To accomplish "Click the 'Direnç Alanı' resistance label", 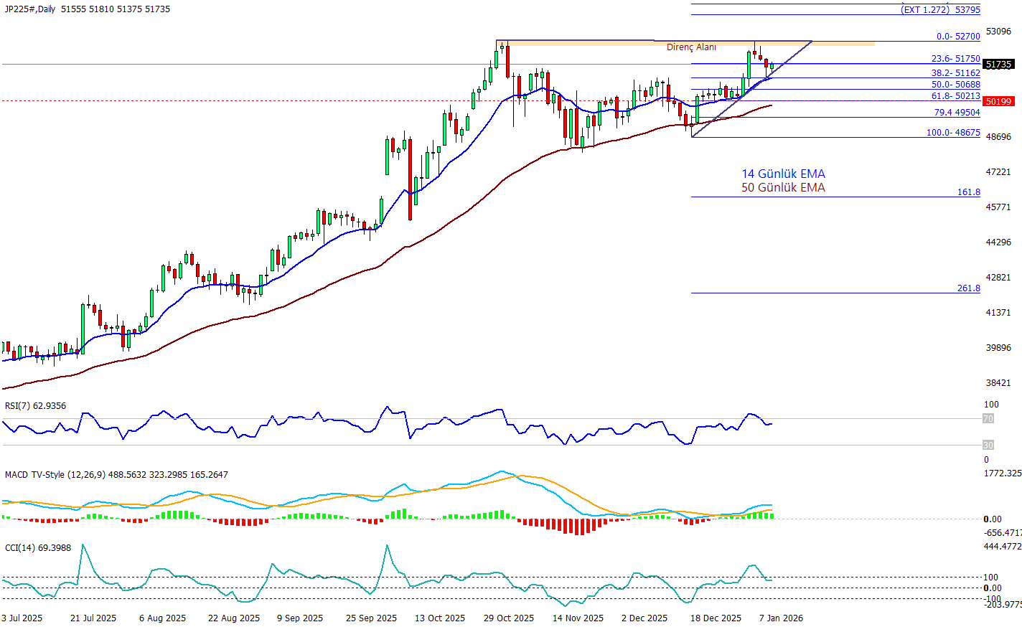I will click(691, 47).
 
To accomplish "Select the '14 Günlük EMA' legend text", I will click(783, 174).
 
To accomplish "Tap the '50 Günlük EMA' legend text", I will click(783, 187).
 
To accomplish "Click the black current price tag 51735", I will click(998, 65).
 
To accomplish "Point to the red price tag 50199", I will click(998, 102).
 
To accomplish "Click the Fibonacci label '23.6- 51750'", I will click(955, 59).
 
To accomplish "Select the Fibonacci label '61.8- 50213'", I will click(955, 96).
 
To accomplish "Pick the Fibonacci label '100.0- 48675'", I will click(953, 133).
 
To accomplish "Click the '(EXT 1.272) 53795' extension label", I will click(941, 10).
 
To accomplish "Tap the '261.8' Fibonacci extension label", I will click(968, 288).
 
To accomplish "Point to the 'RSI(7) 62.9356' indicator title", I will click(35, 406).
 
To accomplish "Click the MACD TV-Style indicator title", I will click(116, 475).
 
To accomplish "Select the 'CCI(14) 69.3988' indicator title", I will click(38, 548).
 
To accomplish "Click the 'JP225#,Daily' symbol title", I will click(30, 9).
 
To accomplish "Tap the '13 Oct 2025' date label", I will click(439, 618).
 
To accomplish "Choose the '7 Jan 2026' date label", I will click(781, 618).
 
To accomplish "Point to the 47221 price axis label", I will click(998, 172).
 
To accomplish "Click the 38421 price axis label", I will click(998, 383).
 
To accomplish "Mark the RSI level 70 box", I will click(988, 419).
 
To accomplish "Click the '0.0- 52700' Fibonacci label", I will click(957, 37).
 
